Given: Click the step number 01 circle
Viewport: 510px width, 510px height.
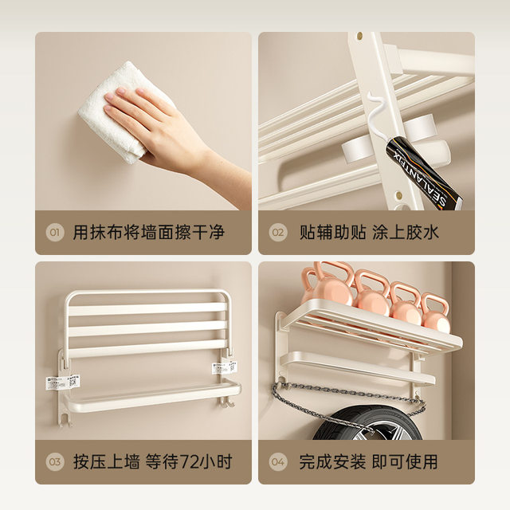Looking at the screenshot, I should (55, 233).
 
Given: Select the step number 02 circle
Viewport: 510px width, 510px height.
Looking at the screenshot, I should (277, 233).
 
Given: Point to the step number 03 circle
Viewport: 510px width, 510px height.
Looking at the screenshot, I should (55, 461).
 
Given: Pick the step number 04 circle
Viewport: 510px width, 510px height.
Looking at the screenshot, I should (277, 461).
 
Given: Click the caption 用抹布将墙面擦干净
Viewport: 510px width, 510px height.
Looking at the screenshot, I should (148, 233).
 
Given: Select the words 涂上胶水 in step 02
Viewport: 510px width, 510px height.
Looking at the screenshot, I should (407, 233).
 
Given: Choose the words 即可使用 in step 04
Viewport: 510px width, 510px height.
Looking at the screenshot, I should (407, 461).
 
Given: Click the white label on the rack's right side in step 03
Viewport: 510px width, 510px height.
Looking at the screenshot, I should (222, 368).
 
